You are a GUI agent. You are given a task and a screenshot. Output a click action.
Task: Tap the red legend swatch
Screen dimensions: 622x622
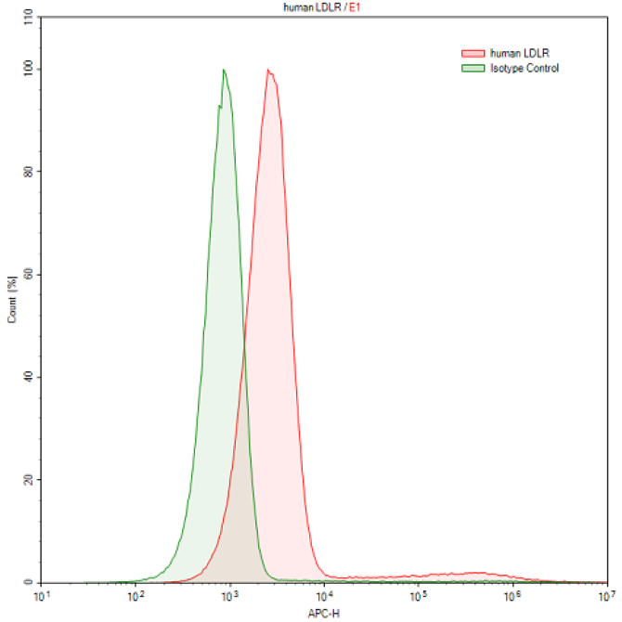click(473, 54)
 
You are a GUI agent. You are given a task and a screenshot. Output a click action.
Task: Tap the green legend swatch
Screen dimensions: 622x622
click(473, 68)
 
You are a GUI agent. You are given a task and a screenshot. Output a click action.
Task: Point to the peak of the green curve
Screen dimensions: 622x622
click(224, 70)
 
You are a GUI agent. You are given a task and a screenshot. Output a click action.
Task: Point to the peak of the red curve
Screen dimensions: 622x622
click(268, 70)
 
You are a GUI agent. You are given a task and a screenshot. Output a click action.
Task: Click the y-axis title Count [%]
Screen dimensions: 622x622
click(12, 299)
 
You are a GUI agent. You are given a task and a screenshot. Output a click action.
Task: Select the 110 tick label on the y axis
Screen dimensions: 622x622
click(26, 18)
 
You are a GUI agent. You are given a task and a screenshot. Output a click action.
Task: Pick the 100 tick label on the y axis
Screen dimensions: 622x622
click(26, 69)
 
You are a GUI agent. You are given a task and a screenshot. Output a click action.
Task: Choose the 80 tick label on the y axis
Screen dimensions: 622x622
click(28, 172)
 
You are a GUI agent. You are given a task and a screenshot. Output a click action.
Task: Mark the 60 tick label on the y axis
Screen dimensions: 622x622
click(28, 275)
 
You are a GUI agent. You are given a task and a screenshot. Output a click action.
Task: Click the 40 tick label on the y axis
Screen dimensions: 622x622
click(28, 377)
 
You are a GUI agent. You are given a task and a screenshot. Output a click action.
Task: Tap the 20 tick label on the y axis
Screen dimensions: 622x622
click(28, 480)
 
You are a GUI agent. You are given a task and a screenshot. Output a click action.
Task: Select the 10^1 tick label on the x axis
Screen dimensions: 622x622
click(40, 596)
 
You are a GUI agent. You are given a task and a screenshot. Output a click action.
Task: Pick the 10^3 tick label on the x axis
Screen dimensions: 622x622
click(229, 596)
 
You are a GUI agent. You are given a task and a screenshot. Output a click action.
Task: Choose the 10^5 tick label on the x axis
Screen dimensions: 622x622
click(418, 596)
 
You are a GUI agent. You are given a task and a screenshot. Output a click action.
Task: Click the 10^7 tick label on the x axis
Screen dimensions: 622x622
click(604, 596)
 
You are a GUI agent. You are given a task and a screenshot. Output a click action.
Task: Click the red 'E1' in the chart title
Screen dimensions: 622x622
click(355, 6)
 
